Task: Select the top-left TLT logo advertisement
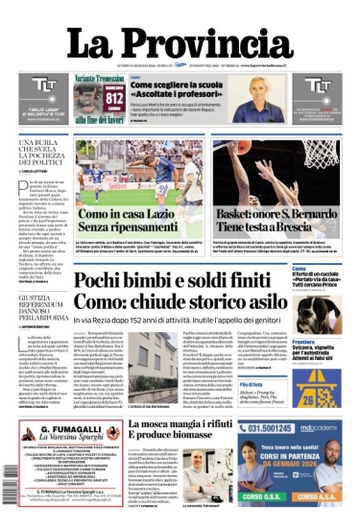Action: [x=40, y=99]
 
